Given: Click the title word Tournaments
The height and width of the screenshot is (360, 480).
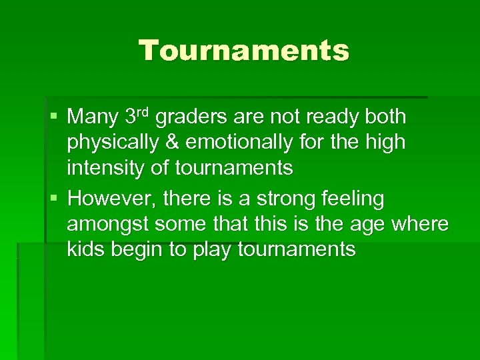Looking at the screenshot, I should click(243, 51).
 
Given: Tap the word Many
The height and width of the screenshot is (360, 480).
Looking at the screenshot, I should click(93, 118).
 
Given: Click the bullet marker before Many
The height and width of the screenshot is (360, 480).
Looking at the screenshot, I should click(53, 118).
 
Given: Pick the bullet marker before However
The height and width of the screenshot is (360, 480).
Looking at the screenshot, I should click(53, 199).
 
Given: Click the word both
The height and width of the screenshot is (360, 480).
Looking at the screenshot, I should click(384, 117).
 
